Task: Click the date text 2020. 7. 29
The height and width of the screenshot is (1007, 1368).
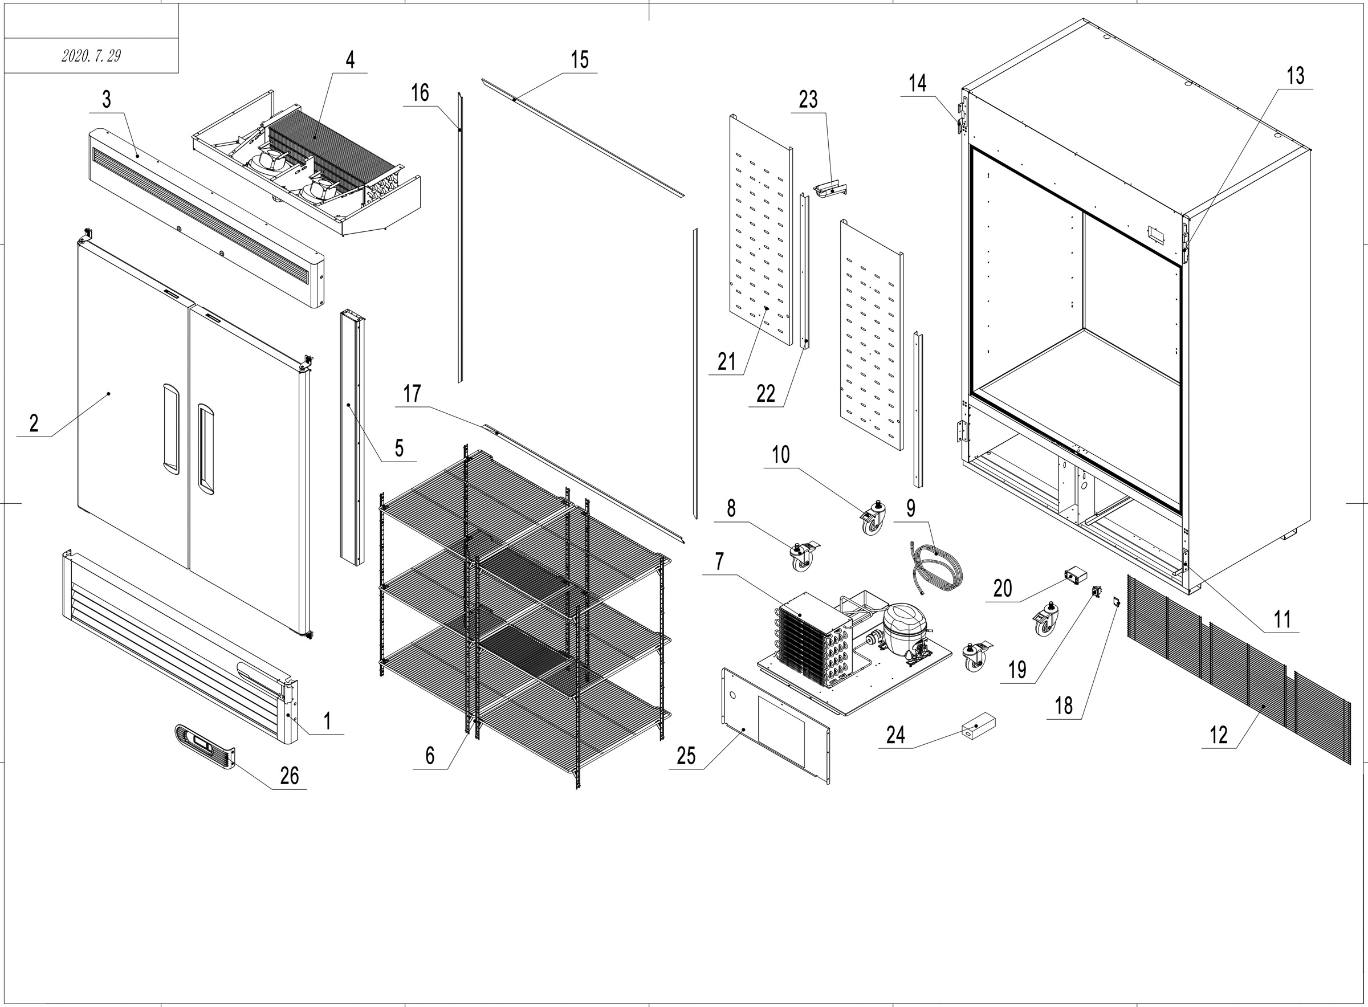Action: pos(91,56)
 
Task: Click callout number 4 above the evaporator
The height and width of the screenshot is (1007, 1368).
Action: pos(350,60)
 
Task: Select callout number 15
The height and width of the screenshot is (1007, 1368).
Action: pos(580,60)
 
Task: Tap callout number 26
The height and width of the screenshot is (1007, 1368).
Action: pos(289,776)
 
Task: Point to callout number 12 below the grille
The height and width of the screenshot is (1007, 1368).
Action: pos(1218,735)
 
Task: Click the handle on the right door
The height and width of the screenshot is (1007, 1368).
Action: pos(205,448)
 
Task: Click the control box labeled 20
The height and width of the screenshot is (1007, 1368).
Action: pos(1076,574)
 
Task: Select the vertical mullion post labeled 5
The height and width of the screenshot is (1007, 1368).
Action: pos(352,436)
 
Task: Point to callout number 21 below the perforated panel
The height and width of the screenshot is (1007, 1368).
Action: pos(726,362)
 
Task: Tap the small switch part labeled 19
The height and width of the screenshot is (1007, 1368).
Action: pos(1096,589)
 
